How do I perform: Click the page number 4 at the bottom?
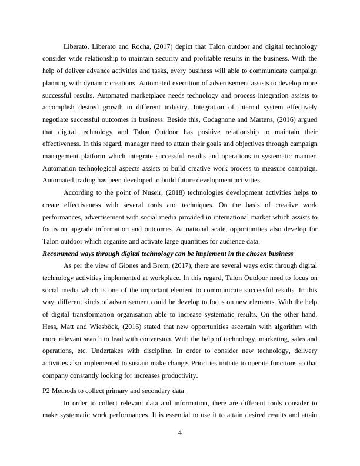click(x=180, y=433)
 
